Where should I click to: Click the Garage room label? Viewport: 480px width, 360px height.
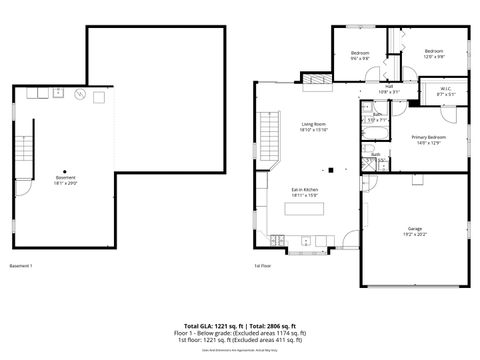414,230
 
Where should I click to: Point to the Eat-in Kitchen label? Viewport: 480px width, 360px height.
305,192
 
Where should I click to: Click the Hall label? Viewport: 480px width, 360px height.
388,89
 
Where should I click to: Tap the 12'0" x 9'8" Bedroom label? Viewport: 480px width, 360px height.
433,54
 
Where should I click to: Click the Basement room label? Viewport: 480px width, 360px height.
65,180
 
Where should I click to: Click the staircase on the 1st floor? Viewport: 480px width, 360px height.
267,129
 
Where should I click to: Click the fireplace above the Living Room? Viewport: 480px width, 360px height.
315,77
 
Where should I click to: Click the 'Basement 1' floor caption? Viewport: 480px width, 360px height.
21,266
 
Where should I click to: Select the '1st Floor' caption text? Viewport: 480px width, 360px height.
263,266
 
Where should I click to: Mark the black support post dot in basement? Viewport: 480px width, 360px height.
65,170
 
